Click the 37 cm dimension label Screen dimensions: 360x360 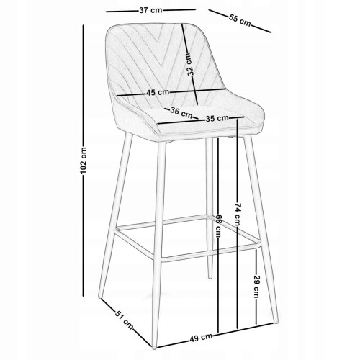point(150,11)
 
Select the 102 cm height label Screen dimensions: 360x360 point(84,161)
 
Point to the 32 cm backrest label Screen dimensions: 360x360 point(189,64)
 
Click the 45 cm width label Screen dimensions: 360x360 point(158,92)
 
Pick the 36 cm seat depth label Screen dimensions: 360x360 point(181,112)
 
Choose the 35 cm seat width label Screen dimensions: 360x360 point(217,118)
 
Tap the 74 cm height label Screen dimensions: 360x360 point(237,215)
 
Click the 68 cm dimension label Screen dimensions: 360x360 point(218,226)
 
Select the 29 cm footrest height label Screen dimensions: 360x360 point(256,287)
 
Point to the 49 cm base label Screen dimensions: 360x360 point(201,338)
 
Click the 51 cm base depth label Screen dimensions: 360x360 point(124,320)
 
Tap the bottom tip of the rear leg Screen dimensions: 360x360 point(210,278)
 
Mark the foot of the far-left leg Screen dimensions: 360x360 point(100,297)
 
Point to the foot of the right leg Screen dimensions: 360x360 point(276,322)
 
